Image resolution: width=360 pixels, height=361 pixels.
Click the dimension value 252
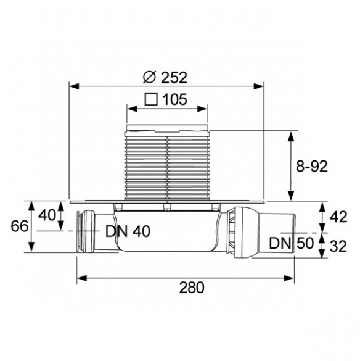tap(174, 78)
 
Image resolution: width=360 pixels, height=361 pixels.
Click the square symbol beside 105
tap(151, 99)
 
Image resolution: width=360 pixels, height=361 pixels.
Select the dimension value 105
tap(175, 99)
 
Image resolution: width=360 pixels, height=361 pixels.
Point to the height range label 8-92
tap(312, 166)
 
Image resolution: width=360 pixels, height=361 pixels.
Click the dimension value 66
tap(20, 226)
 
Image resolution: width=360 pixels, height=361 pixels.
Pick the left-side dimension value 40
tap(47, 216)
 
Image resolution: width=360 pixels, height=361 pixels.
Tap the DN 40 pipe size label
tap(128, 231)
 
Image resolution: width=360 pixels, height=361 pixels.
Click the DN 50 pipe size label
tap(291, 243)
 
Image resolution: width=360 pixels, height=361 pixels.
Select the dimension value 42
tap(338, 217)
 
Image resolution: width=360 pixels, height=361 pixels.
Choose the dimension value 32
tap(338, 246)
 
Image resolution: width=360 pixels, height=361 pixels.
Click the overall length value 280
tap(192, 288)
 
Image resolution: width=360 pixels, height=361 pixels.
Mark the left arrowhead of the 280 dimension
tap(81, 278)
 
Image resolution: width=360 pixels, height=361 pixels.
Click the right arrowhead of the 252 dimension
tap(258, 86)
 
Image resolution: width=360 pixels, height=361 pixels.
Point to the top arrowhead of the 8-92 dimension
tap(291, 136)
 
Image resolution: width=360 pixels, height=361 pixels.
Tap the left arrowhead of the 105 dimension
tap(132, 109)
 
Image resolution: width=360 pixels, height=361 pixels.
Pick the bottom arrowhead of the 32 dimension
tap(322, 253)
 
